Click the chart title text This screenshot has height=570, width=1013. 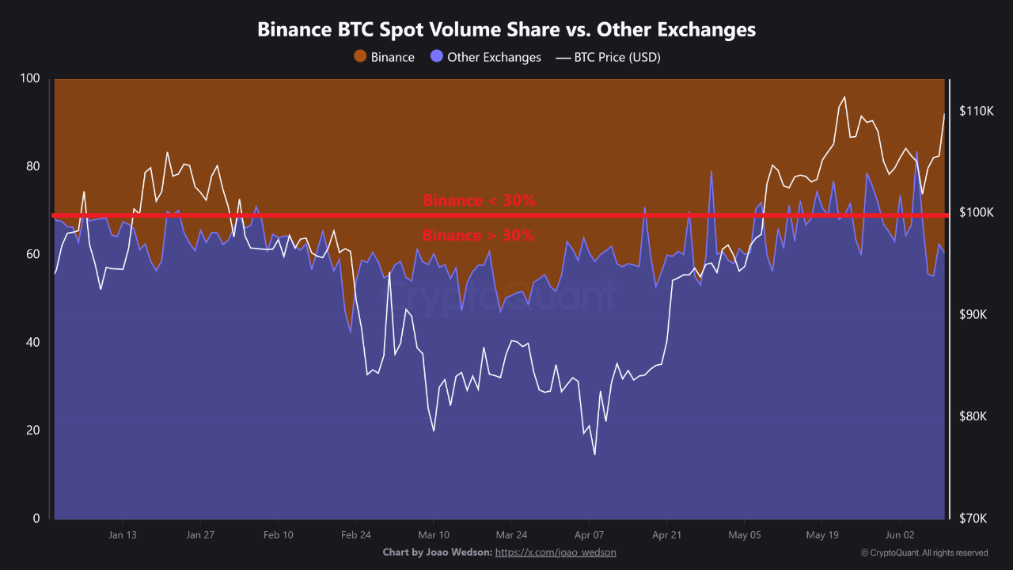tap(506, 30)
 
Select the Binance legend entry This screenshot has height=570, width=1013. tap(385, 57)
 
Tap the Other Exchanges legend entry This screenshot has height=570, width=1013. tap(486, 57)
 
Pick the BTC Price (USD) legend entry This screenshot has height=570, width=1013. tap(609, 57)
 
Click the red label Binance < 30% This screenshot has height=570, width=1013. tap(479, 200)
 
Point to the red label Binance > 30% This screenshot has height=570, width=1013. tap(478, 235)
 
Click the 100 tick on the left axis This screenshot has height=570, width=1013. tap(30, 78)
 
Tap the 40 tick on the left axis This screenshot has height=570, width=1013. tap(32, 343)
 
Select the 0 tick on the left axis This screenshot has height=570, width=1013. tap(36, 519)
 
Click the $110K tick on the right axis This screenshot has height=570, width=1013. tap(977, 111)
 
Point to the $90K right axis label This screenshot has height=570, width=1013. tap(974, 315)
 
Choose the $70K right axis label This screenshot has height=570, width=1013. tap(974, 519)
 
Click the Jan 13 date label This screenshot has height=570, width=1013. tap(123, 534)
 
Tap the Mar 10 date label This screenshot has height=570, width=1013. tap(433, 534)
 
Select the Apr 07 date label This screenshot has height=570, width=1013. tap(589, 534)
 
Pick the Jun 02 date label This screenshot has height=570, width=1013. tap(900, 534)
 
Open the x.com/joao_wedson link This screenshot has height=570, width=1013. tap(556, 552)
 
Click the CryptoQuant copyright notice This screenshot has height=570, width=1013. tap(924, 553)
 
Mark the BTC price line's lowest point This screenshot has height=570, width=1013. tap(594, 454)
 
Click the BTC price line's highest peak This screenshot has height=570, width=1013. tap(844, 97)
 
